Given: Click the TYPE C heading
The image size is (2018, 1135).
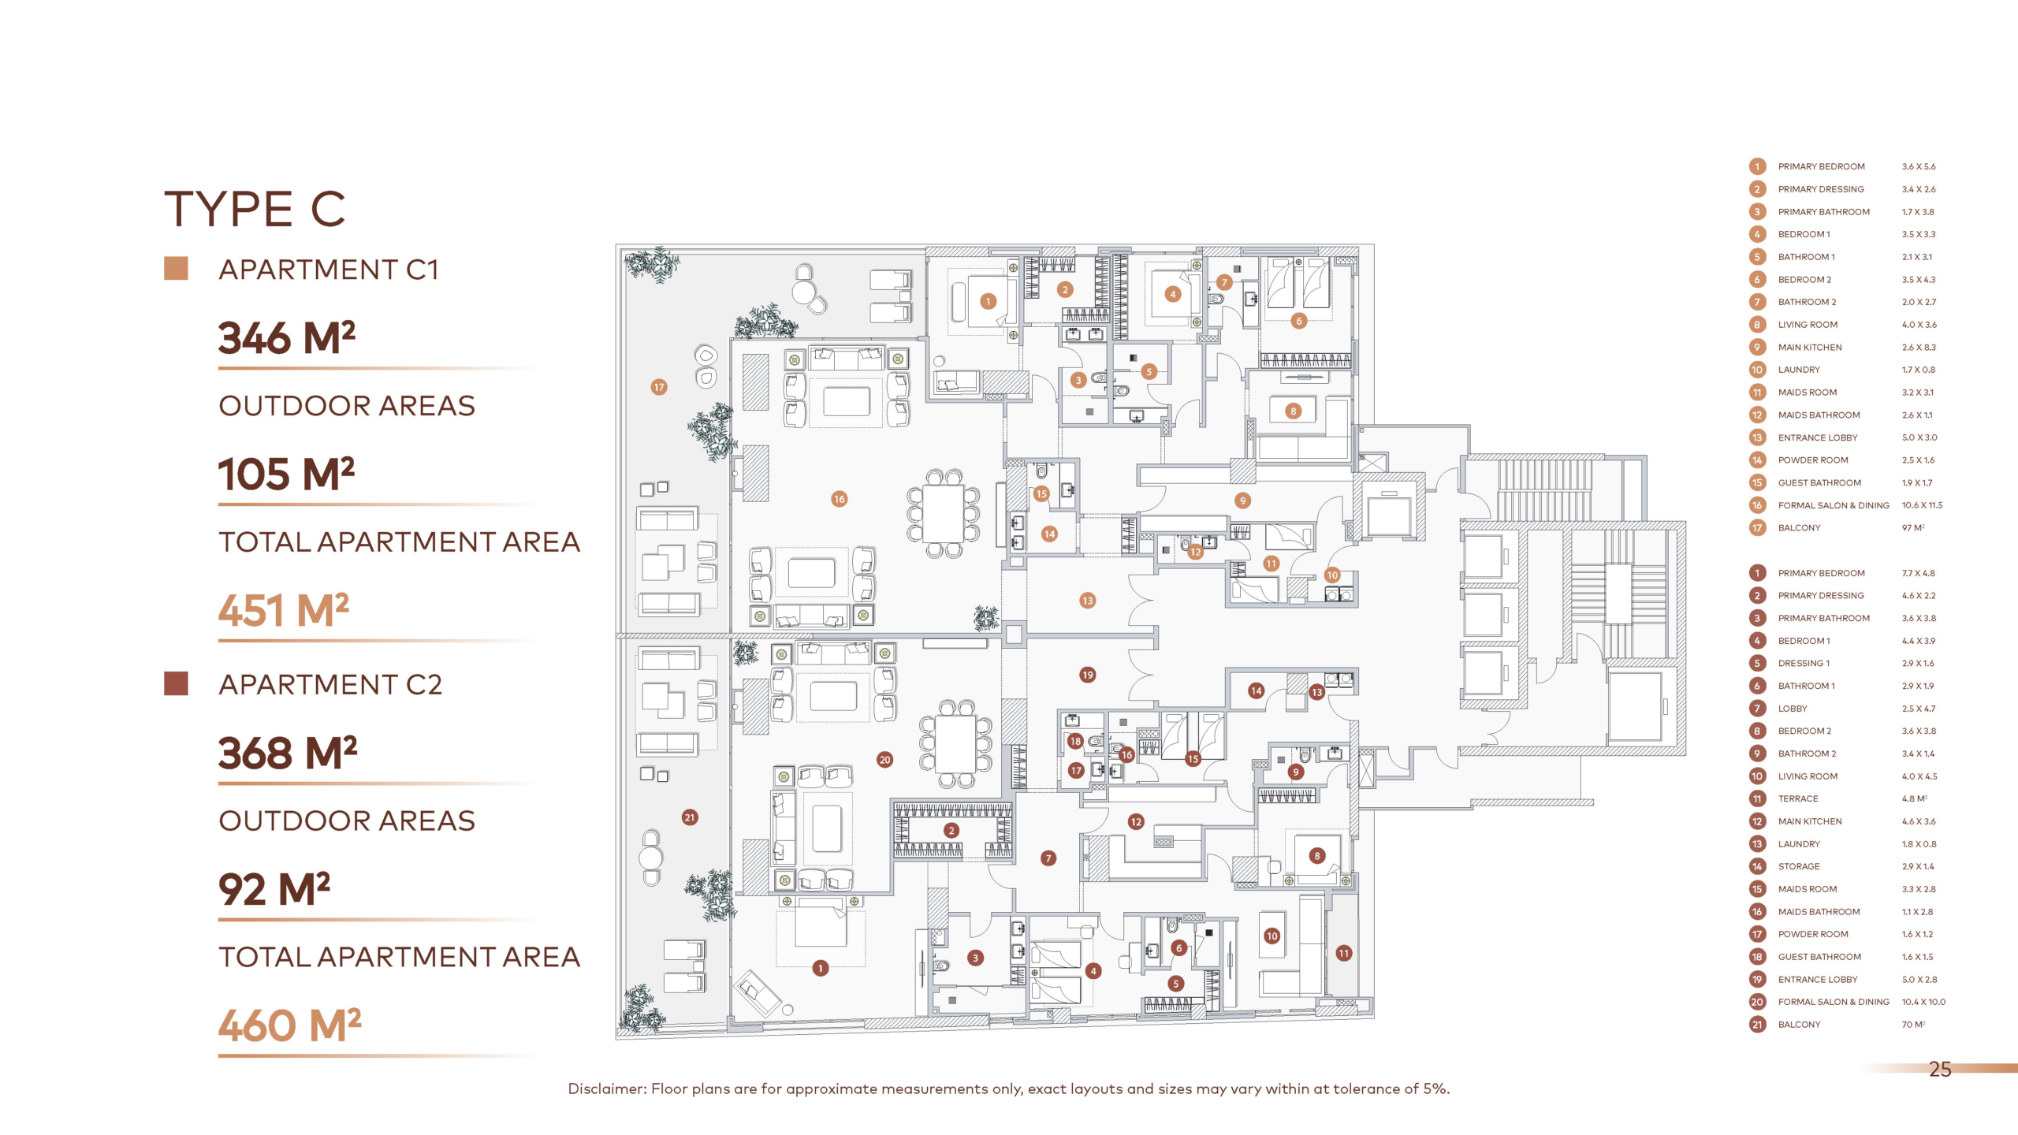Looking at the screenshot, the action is coord(255,209).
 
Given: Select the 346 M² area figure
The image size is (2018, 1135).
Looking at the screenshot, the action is coord(287,338).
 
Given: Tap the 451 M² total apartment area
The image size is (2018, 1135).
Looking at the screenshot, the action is coord(284,610).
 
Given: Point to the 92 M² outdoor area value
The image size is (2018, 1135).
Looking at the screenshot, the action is coord(274,889).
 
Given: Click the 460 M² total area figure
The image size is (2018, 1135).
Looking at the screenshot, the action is coord(290,1025).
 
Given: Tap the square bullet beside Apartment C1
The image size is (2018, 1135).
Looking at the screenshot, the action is coord(176,269).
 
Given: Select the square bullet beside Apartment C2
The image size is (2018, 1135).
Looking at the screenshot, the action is coord(176,683).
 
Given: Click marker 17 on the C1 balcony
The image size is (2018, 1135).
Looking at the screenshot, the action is coord(659,387).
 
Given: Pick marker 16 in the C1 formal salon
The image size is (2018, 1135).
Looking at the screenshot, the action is coord(839,499).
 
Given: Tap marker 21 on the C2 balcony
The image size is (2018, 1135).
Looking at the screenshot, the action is coord(690,817).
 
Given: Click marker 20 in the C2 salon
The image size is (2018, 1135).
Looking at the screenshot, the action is coord(884,760).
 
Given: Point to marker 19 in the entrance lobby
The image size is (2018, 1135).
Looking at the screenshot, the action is coord(1088,675).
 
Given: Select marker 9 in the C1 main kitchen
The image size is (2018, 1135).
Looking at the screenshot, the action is coord(1242,501).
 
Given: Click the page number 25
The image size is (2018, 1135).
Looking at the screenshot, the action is coord(1940,1069).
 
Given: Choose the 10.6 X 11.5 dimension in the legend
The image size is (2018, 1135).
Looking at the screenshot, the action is coord(1922,505).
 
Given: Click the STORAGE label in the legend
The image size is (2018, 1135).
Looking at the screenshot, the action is coord(1799,866).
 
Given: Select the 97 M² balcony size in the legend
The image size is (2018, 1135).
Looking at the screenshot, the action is coord(1913,527).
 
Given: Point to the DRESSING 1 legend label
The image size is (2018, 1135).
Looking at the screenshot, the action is coord(1804,663).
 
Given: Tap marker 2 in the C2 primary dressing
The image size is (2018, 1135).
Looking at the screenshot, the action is coord(951,830).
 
